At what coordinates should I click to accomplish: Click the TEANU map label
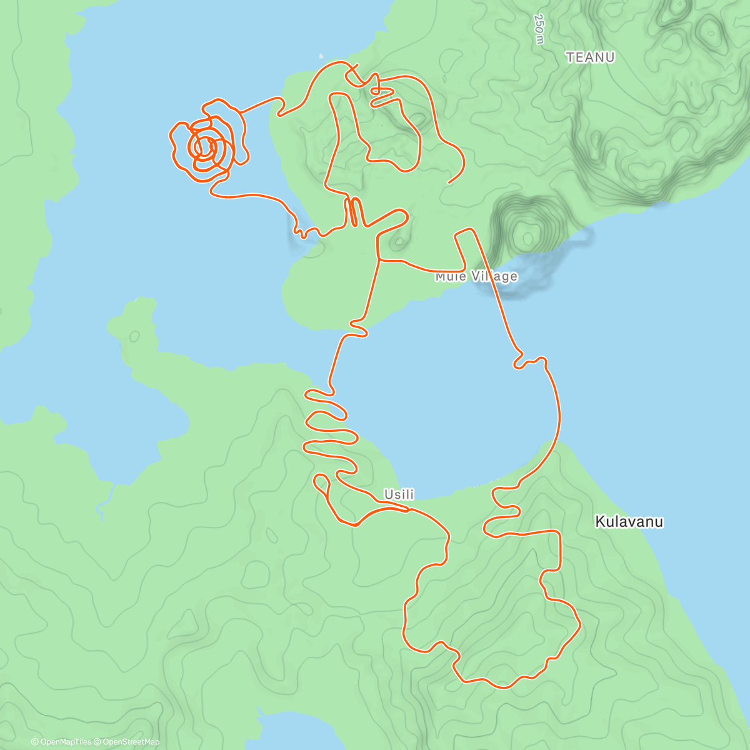(590, 57)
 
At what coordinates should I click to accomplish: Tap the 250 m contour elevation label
(539, 29)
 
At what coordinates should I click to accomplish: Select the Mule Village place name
(476, 276)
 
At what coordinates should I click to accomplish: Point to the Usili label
(399, 494)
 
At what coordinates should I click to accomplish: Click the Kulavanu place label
(629, 521)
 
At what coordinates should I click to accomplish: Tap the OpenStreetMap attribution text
(131, 742)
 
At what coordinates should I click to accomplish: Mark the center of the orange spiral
(204, 147)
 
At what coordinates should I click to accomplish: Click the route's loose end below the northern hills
(449, 183)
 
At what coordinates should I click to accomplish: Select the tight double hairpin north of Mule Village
(354, 212)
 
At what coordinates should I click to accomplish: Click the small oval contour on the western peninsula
(134, 336)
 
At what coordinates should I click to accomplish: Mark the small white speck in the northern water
(322, 55)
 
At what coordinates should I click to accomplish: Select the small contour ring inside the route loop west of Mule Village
(398, 240)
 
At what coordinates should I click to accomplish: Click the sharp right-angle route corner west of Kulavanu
(557, 532)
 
